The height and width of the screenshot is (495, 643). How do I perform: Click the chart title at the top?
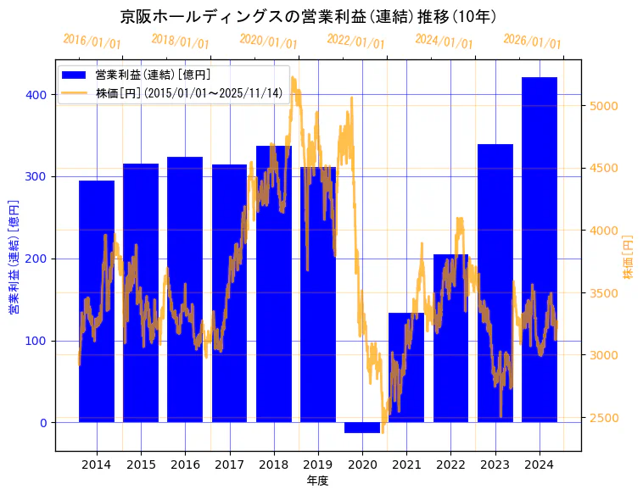pyautogui.click(x=308, y=16)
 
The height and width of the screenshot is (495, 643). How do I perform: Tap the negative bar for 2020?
pyautogui.click(x=362, y=427)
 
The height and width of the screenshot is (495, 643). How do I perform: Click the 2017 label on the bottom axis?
pyautogui.click(x=229, y=464)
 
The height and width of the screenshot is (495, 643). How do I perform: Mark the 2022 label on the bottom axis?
pyautogui.click(x=450, y=464)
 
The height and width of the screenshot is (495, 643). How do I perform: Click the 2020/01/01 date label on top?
pyautogui.click(x=268, y=41)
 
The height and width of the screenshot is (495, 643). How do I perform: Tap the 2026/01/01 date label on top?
pyautogui.click(x=532, y=41)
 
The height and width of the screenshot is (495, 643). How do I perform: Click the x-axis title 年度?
pyautogui.click(x=317, y=481)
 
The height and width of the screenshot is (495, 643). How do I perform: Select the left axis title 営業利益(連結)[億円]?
pyautogui.click(x=14, y=258)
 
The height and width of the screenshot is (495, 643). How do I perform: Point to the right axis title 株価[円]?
pyautogui.click(x=629, y=258)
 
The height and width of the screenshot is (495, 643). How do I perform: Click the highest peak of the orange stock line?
pyautogui.click(x=293, y=78)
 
